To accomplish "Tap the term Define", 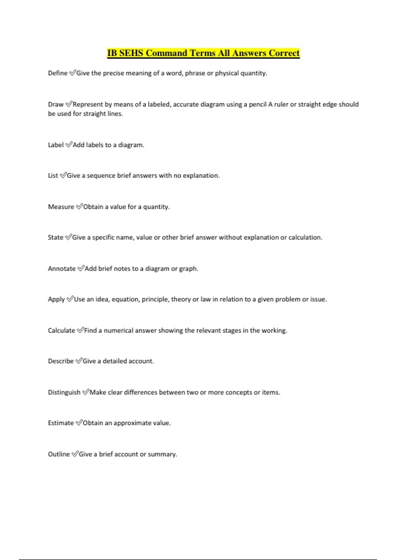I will coord(58,73).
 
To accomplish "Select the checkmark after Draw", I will coord(69,104).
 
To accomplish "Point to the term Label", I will coord(56,145).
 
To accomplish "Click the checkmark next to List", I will coord(63,176).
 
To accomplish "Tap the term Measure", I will coord(61,207).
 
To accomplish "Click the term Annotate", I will coord(62,269).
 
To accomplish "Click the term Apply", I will coord(56,299).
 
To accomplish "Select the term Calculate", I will coord(61,330).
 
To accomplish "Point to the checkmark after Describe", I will coord(79,361).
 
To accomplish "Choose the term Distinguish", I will coord(64,392).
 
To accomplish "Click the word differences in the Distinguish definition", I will coord(141,392).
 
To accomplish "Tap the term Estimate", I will coord(61,423).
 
